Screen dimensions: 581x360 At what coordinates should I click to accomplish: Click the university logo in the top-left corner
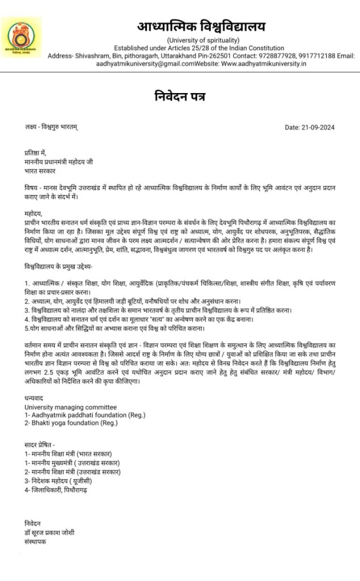(x=20, y=36)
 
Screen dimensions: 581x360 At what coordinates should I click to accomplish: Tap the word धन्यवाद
(x=34, y=399)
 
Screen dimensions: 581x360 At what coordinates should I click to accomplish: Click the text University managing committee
(x=70, y=407)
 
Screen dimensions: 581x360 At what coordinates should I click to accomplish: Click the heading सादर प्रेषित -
(x=40, y=445)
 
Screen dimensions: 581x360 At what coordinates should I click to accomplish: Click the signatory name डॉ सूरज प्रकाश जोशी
(x=49, y=532)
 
